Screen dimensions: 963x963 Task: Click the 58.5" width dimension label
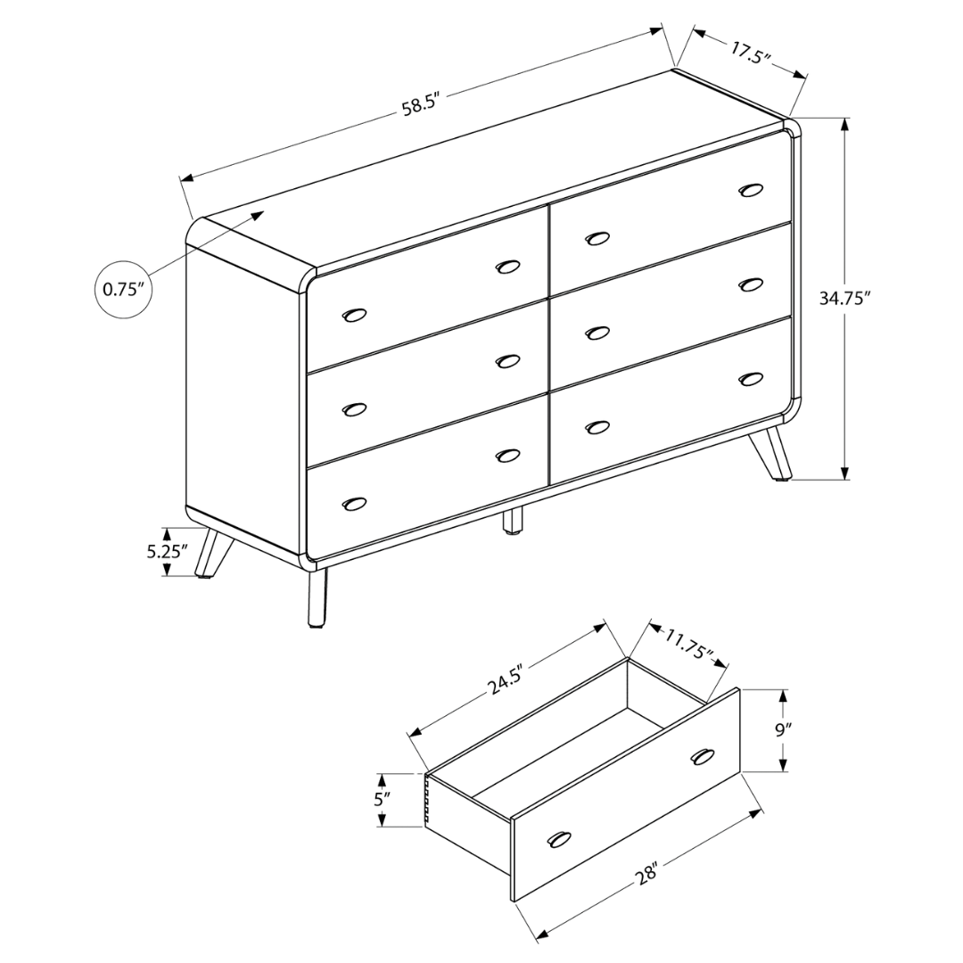(420, 105)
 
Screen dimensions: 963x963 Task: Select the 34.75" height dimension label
(844, 299)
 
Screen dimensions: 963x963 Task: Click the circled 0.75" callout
(123, 289)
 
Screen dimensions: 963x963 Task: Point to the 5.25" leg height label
(167, 551)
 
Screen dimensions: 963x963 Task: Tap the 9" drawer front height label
(783, 729)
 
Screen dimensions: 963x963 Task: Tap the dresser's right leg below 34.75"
(770, 454)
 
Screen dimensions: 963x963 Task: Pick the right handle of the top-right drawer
(751, 189)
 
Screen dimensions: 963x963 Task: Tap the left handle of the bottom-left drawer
(354, 504)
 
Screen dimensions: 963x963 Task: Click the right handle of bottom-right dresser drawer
(751, 379)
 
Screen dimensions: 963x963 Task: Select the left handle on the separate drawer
(559, 839)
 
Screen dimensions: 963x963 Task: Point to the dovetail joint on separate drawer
(428, 798)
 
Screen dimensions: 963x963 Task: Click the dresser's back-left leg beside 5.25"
(212, 553)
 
